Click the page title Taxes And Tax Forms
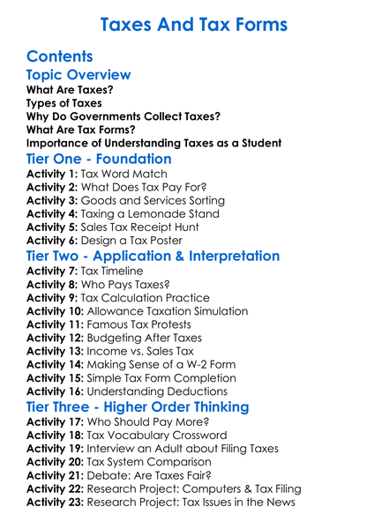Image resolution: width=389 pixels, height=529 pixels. (194, 24)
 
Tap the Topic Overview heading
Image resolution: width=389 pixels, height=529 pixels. (79, 75)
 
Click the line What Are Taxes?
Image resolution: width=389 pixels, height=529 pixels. (70, 90)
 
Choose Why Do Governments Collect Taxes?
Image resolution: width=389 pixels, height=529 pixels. (123, 116)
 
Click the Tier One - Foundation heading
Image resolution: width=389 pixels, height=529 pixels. (99, 160)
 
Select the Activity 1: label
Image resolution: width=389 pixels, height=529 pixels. (52, 175)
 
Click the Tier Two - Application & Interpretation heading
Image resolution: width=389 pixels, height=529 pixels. (153, 257)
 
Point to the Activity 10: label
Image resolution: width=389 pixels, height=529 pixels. (56, 311)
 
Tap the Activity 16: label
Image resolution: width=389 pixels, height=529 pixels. (56, 391)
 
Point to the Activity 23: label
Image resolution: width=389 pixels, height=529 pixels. (56, 503)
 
